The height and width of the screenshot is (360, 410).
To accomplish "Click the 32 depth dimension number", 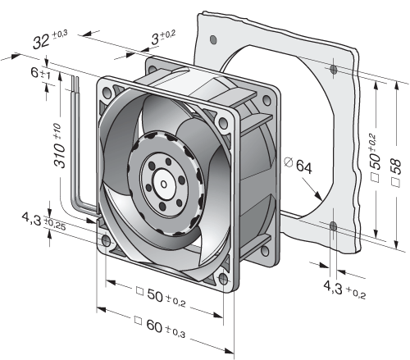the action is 41,42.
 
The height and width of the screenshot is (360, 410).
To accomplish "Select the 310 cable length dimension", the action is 59,145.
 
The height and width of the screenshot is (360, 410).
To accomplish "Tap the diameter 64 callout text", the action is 298,165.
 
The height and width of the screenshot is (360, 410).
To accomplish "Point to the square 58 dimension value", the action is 397,166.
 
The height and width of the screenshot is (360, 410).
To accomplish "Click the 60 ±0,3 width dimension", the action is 160,326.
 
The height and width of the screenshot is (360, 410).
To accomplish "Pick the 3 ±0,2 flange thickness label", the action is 163,38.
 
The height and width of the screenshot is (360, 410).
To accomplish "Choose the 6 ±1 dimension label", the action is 40,73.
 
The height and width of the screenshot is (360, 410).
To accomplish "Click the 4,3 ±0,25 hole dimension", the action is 43,221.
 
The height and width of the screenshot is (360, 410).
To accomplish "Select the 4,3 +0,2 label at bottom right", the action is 344,289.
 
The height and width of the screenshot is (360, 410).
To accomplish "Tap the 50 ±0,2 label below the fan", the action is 162,296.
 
